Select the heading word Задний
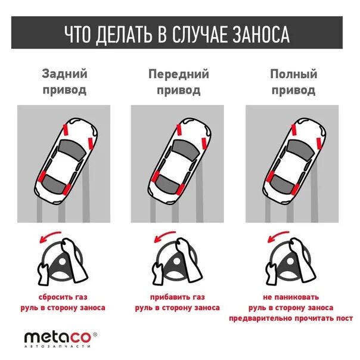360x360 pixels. pos(64,75)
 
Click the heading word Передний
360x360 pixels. pos(179,75)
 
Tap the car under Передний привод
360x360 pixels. pos(179,159)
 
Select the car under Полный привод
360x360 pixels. pos(293,159)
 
